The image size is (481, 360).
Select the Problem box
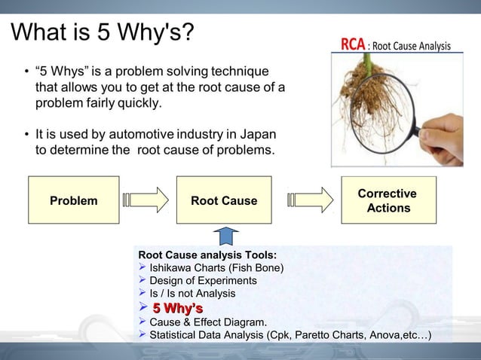coord(74,200)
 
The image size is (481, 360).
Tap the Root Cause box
coord(223,200)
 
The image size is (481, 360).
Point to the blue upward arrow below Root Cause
coord(224,235)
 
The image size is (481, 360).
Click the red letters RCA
coord(353,45)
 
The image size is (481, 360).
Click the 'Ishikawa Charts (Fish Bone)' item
coord(217,267)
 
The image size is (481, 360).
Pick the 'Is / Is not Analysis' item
coord(192,293)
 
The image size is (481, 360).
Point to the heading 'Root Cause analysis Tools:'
coord(207,255)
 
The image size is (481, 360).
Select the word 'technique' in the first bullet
coord(240,72)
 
